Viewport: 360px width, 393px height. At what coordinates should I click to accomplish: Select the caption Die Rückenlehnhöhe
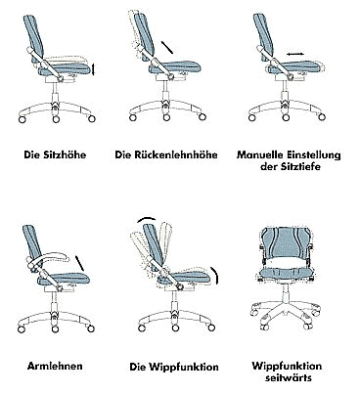(x=165, y=154)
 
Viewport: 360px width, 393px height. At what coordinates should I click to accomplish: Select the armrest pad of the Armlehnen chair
(x=50, y=259)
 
